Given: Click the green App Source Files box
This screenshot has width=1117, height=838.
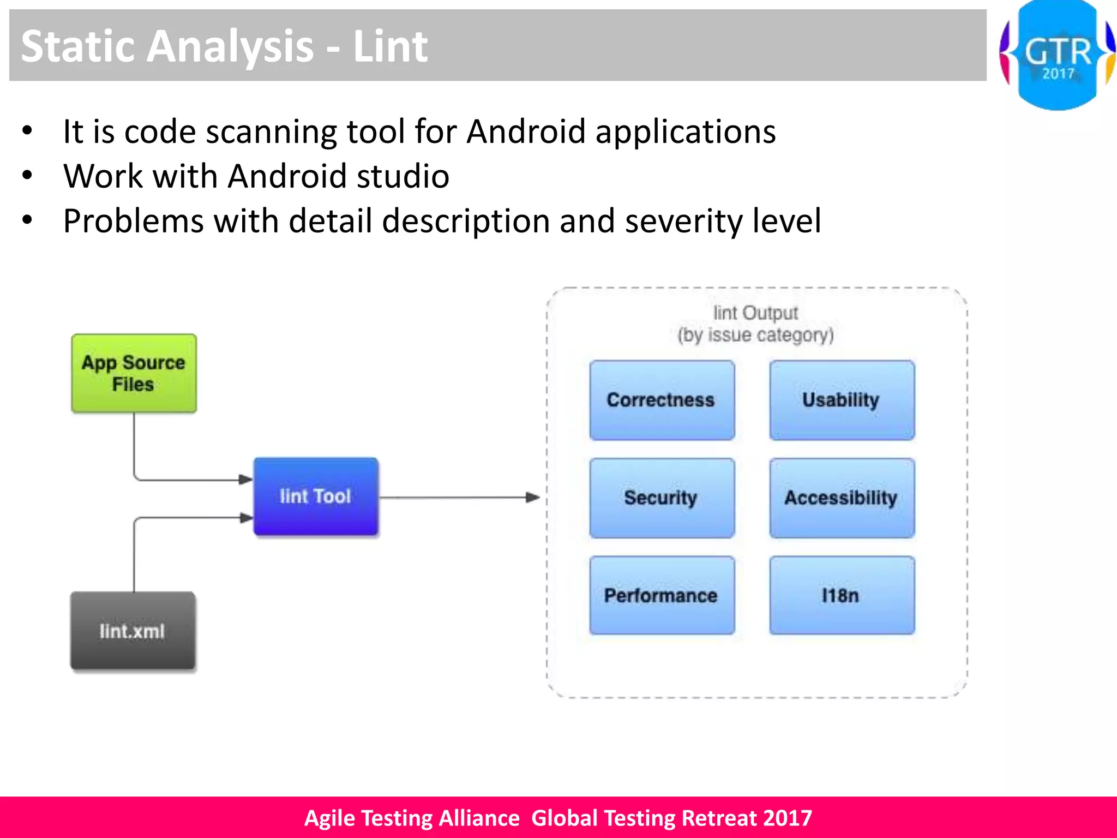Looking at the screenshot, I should point(134,373).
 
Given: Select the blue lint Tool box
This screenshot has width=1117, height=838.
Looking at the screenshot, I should point(316,496).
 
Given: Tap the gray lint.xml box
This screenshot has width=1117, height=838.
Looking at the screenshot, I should point(133,631).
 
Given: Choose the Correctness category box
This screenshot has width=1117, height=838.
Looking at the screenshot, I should point(662,400).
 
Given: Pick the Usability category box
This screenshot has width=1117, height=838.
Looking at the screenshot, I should point(842,400).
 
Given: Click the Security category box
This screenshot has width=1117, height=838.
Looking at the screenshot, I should point(662,498).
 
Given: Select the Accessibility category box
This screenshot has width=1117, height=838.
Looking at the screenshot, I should point(842,498).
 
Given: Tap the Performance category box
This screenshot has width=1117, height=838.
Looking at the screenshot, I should point(662,595).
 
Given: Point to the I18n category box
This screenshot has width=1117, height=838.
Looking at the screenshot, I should point(842,595).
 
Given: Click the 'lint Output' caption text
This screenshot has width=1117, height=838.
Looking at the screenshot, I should point(755,313).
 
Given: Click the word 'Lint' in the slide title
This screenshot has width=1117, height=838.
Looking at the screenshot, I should point(390,46).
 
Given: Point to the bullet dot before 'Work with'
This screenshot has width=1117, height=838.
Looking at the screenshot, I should point(27,176).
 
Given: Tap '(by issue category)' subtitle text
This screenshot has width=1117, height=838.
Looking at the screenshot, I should point(755,335).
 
